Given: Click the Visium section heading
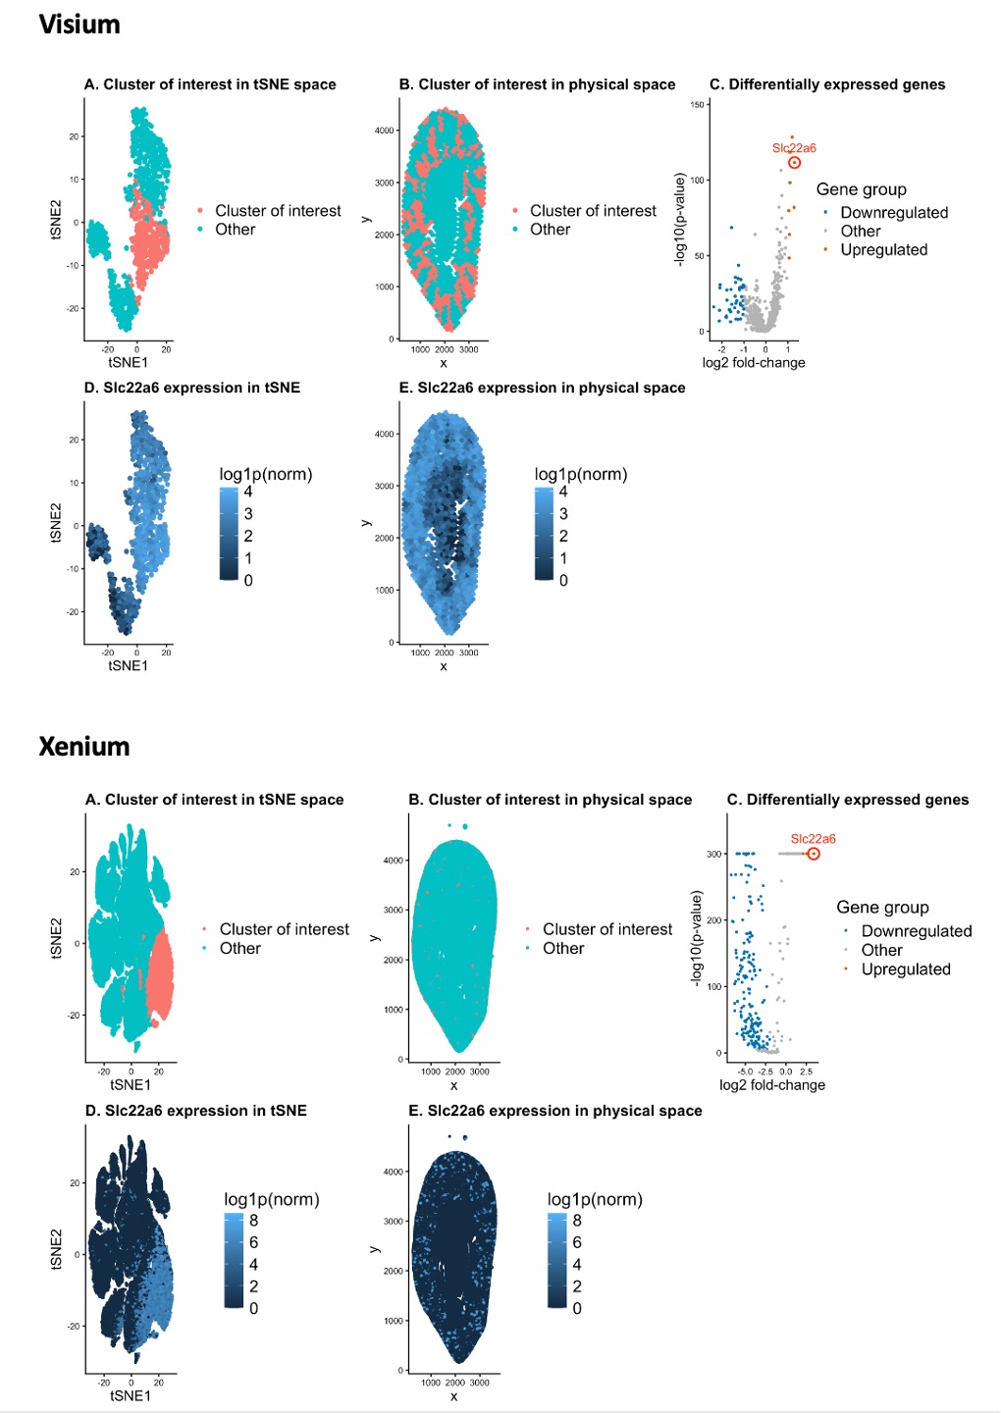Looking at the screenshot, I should pos(79,25).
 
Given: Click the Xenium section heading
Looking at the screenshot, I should pos(84,747).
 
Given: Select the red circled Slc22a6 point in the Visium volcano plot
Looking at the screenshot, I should pos(794,163).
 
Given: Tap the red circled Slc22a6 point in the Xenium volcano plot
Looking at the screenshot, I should pos(813,854).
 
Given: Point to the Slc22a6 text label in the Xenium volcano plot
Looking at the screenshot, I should pos(813,839).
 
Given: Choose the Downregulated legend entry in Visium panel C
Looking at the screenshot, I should pos(893,213).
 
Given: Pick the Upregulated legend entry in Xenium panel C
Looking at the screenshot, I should pos(905,969).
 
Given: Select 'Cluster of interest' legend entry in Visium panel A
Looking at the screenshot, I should pos(278,211).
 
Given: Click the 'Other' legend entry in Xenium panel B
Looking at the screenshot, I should pos(562,949).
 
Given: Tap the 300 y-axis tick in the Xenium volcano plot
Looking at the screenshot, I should pos(713,855).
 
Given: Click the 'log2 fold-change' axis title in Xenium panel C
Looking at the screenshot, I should pos(772,1085).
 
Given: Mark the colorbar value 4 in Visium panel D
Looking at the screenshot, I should pos(248,492).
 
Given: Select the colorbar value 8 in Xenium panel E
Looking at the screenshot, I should pos(577,1221).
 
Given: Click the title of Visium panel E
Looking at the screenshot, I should pos(542,388).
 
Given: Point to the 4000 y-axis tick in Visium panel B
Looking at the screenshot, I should pos(384,131).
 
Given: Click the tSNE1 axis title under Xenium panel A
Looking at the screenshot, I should pos(131,1085).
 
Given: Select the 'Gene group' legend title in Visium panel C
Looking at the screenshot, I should pos(861,189).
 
